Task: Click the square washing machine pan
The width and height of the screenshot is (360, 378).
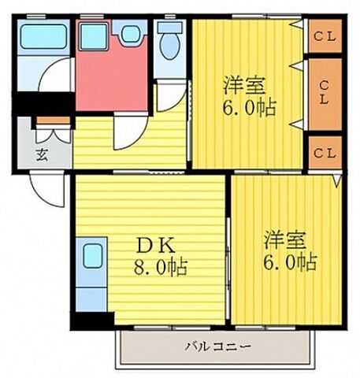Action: [x=94, y=34]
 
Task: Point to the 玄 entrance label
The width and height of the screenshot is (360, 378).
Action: [x=41, y=153]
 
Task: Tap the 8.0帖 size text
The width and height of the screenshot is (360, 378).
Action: [x=159, y=268]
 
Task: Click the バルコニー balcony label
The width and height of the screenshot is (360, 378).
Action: [x=217, y=346]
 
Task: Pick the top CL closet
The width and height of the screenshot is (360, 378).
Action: [x=324, y=36]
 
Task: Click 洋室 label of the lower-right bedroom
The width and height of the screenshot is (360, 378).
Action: [x=284, y=237]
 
